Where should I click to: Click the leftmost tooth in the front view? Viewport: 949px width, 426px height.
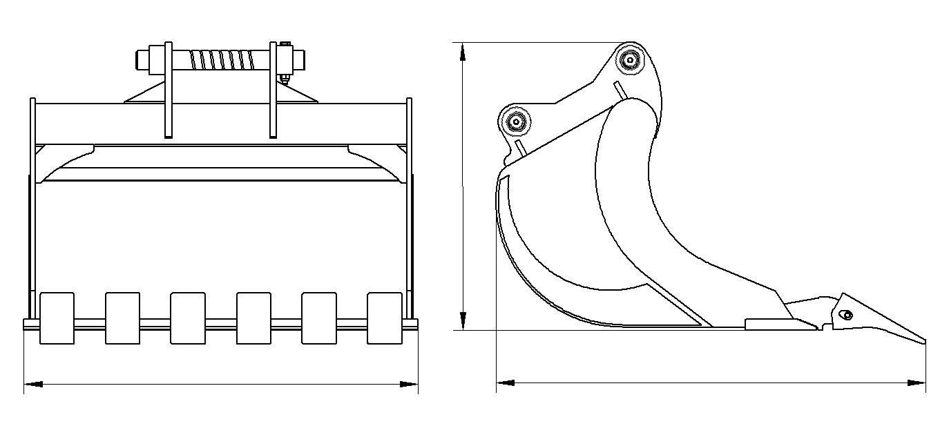pos(57,318)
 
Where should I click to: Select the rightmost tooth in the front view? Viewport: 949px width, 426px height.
pos(385,318)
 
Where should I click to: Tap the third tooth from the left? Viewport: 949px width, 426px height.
pos(188,318)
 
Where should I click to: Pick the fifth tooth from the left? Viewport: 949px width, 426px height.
pos(319,318)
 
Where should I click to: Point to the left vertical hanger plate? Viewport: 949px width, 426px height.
pos(168,90)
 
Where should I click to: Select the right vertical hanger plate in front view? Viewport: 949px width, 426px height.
pos(274,90)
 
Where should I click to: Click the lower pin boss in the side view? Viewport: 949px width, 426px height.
pos(515,122)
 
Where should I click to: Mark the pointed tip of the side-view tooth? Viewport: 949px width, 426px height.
pos(923,340)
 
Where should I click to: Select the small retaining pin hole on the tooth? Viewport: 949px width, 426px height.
pos(847,316)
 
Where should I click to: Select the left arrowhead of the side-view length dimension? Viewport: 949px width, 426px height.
pos(505,382)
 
